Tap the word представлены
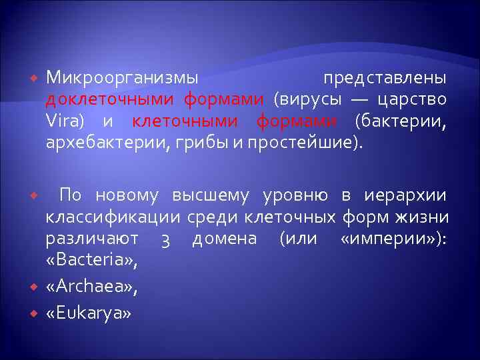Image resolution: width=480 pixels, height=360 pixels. tap(385, 79)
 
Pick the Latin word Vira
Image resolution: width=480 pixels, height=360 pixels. tap(64, 121)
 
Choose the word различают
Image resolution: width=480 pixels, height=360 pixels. tap(93, 239)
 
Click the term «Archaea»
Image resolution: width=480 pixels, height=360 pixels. tap(91, 287)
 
